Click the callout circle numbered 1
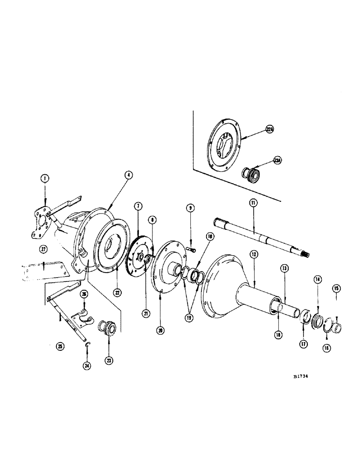(x=44, y=178)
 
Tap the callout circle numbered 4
(x=129, y=175)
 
